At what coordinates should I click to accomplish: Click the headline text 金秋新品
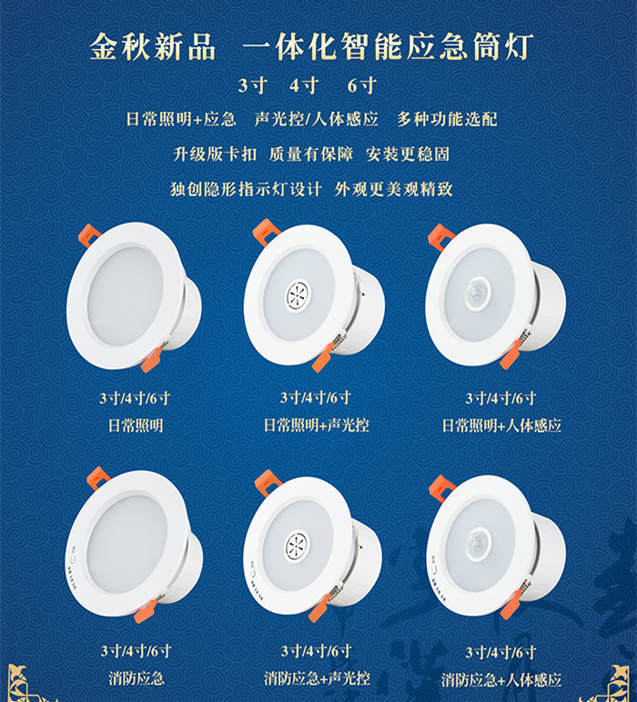point(152,47)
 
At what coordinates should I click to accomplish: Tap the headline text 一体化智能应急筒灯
point(388,47)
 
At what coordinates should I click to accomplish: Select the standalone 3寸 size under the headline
point(253,85)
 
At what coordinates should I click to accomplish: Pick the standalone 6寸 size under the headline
point(362,85)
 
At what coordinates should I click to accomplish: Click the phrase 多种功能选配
point(447,119)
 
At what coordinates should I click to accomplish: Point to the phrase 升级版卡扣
point(215,154)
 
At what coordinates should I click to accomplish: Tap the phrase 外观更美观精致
point(394,189)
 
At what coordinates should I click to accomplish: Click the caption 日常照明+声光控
point(317,425)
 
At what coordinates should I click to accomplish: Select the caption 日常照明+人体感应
point(501,426)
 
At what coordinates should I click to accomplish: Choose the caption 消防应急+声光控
point(317,678)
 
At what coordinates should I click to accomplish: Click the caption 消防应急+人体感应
point(500,679)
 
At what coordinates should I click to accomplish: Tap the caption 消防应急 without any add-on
point(136,678)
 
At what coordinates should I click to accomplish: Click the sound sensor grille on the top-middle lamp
point(298,296)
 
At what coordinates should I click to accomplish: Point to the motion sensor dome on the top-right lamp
point(478,294)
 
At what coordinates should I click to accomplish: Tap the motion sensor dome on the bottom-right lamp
point(479,545)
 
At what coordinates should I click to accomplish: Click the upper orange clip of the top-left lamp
point(89,235)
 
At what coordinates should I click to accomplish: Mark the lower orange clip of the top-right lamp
point(511,354)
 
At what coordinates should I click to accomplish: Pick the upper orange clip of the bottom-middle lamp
point(268,483)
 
